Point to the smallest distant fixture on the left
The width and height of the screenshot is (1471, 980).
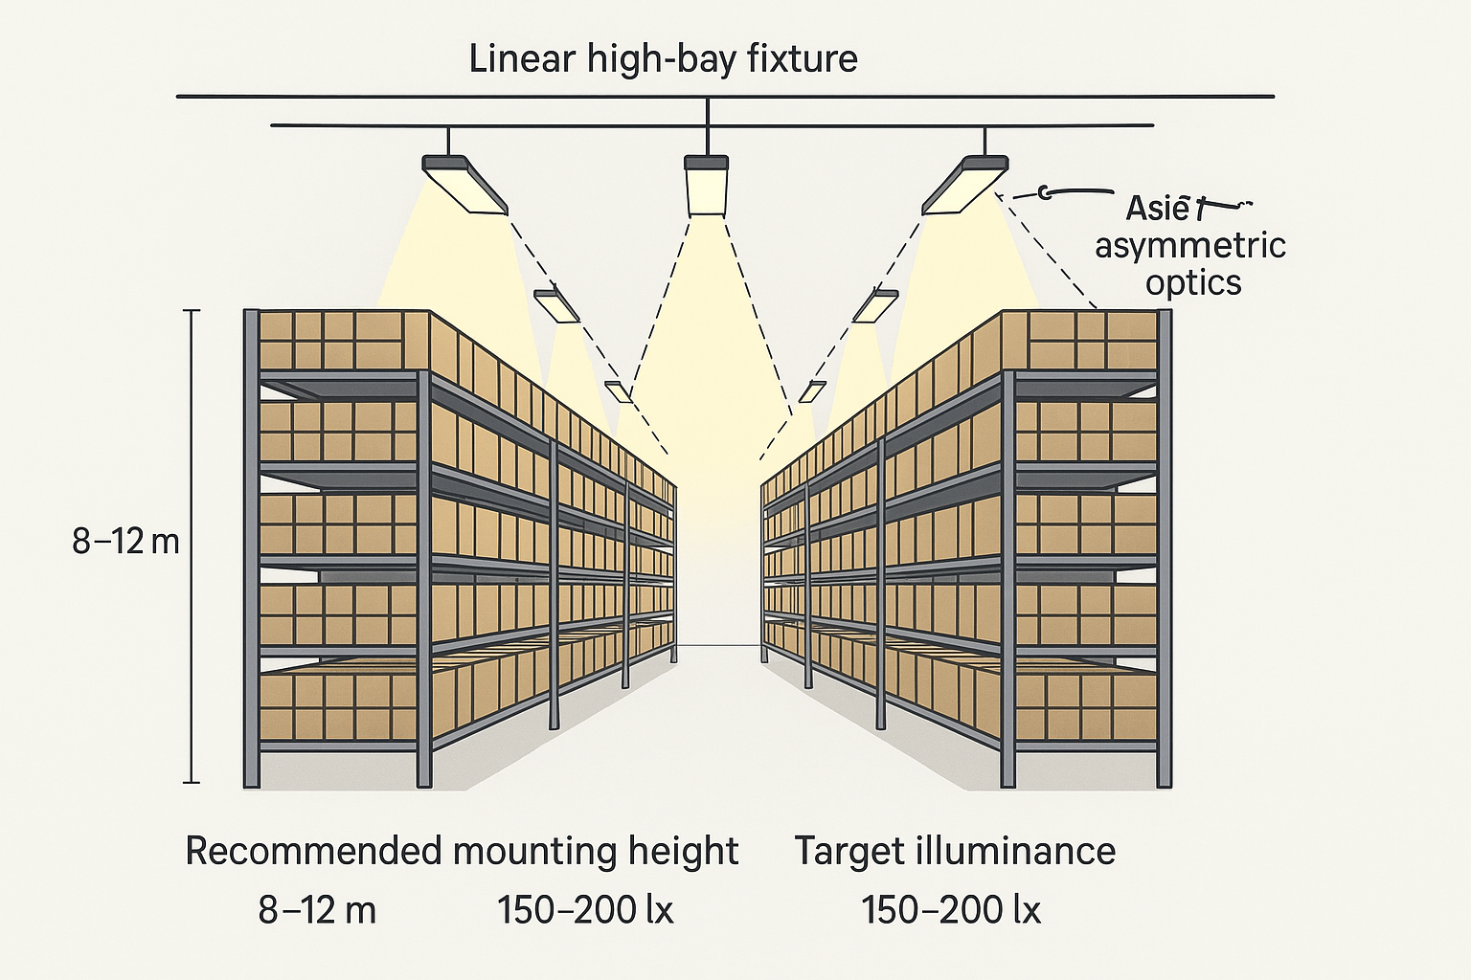coord(618,390)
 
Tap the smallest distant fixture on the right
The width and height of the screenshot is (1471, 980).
coord(812,390)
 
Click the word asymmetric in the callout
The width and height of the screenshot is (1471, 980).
coord(1189,245)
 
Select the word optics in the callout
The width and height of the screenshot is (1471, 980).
coord(1193,282)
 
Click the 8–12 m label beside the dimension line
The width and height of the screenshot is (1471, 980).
coord(125,542)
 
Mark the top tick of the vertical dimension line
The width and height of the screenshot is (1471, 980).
coord(192,311)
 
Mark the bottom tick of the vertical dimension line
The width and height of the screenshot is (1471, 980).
coord(192,783)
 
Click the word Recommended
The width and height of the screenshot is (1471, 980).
coord(313,851)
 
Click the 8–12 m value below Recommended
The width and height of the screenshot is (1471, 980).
coord(317,910)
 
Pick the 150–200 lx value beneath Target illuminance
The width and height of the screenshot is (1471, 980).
coord(950,910)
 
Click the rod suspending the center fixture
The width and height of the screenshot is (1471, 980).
coord(707,129)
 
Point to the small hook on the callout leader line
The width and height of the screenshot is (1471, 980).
coord(1046,193)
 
